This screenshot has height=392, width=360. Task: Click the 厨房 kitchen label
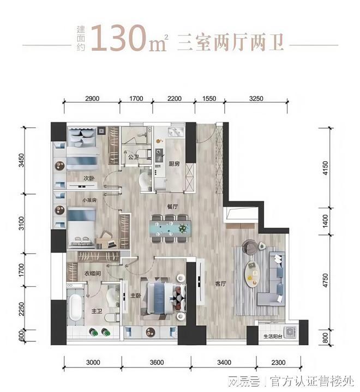(174, 164)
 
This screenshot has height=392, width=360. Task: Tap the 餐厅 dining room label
(172, 207)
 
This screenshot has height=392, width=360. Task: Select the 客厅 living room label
(220, 284)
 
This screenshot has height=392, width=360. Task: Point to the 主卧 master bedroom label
(135, 295)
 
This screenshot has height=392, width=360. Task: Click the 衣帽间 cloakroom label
(92, 273)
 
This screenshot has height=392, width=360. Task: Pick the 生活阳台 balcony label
(273, 336)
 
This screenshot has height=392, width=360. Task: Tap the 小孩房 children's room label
(89, 200)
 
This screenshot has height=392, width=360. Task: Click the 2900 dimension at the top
(92, 99)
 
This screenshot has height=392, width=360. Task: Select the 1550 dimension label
(209, 99)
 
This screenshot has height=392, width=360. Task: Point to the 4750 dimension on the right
(325, 280)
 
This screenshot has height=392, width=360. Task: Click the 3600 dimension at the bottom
(157, 362)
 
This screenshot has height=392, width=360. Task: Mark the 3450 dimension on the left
(22, 160)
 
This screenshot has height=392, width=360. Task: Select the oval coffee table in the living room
(252, 274)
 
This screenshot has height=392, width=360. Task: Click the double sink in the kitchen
(176, 132)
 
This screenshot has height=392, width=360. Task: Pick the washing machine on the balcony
(290, 331)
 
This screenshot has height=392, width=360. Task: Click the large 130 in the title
(118, 38)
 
